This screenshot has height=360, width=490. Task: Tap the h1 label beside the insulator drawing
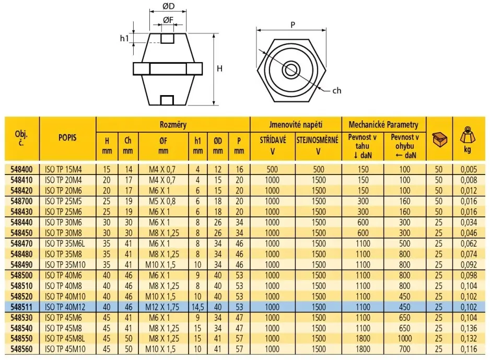click(124, 38)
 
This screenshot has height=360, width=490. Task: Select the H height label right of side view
click(220, 68)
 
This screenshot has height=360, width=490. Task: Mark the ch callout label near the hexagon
click(336, 90)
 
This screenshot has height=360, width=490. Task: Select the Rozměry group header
click(173, 125)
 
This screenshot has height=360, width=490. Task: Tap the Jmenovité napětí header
click(296, 125)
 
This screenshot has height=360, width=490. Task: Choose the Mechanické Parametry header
click(384, 125)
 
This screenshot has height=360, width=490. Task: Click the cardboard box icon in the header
click(440, 140)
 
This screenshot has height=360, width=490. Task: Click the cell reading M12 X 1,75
click(163, 308)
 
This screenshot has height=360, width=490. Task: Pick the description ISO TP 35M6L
click(67, 243)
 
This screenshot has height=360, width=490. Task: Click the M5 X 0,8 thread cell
click(163, 201)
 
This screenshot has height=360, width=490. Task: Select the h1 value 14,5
click(197, 308)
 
